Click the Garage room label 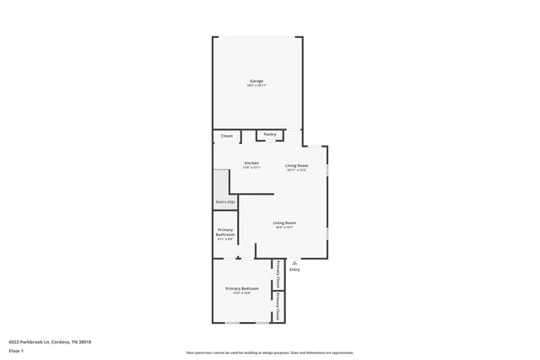pos(256,81)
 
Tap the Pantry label pos(270,134)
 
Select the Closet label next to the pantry pos(227,136)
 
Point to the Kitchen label pos(251,163)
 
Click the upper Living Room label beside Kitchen pos(296,165)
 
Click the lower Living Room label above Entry pos(284,223)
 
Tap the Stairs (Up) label pos(225,202)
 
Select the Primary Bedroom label pos(241,288)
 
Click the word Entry pos(294,270)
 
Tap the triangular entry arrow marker pos(294,262)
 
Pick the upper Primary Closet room pos(278,274)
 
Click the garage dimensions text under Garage pos(256,86)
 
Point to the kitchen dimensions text pos(251,168)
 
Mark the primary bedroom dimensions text pos(241,293)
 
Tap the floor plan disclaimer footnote pos(270,352)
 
